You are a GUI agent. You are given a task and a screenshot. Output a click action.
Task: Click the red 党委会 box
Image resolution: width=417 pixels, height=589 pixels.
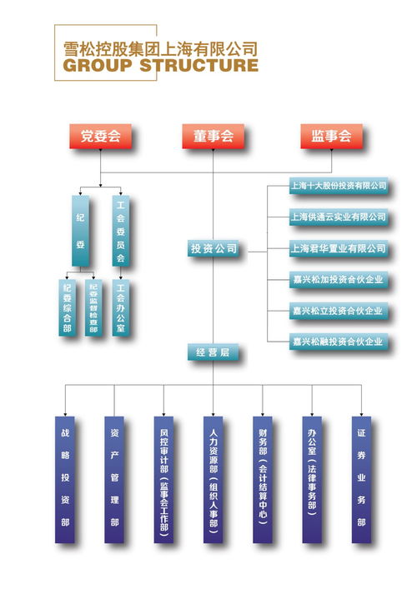pyautogui.click(x=100, y=136)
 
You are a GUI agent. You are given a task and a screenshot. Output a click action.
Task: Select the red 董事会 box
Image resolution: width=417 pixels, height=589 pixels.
pyautogui.click(x=214, y=136)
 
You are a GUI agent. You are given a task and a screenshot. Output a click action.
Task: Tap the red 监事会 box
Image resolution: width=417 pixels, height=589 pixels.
pyautogui.click(x=330, y=136)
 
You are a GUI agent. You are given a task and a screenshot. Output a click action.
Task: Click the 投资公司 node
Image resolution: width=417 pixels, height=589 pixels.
pyautogui.click(x=214, y=248)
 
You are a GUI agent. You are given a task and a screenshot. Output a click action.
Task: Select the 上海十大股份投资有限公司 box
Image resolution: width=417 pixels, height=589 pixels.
pyautogui.click(x=338, y=185)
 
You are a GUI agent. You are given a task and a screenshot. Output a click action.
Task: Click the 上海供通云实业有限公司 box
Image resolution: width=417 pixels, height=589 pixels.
pyautogui.click(x=338, y=217)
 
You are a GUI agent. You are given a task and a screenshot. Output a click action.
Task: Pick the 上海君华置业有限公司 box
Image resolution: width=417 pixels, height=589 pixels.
pyautogui.click(x=338, y=248)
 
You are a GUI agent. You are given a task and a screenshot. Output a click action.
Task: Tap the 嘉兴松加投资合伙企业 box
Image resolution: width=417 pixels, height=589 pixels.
pyautogui.click(x=338, y=279)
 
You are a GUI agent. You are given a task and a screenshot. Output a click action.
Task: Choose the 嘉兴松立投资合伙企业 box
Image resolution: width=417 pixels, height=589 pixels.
pyautogui.click(x=338, y=310)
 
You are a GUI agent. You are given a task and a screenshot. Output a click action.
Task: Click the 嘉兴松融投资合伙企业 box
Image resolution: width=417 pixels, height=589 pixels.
pyautogui.click(x=338, y=341)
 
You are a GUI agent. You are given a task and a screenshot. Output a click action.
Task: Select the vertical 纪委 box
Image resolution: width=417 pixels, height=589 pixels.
pyautogui.click(x=80, y=231)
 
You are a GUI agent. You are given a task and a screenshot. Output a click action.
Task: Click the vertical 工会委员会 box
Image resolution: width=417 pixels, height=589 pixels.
pyautogui.click(x=120, y=231)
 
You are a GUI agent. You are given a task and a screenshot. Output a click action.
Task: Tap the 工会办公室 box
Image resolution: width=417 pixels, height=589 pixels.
pyautogui.click(x=120, y=306)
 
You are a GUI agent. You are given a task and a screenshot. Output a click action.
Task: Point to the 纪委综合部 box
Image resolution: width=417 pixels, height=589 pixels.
pyautogui.click(x=67, y=306)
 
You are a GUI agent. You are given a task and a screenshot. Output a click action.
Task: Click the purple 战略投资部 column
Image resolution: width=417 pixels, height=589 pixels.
pyautogui.click(x=64, y=478)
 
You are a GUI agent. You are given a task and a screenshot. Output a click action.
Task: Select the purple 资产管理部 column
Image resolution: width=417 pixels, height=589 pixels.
pyautogui.click(x=114, y=478)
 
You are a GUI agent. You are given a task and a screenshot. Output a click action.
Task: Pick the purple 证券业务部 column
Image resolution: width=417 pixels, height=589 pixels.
pyautogui.click(x=360, y=478)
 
